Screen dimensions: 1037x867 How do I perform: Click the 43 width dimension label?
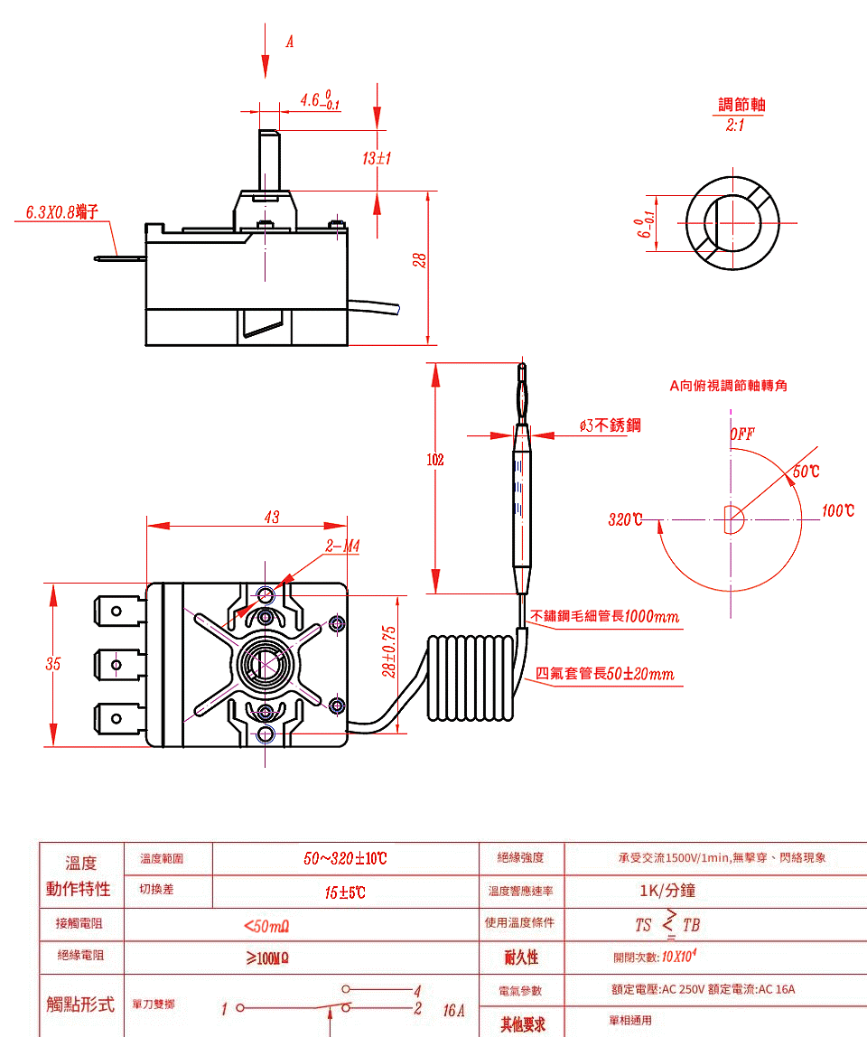pos(272,518)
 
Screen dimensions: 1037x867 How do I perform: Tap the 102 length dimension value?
pos(435,460)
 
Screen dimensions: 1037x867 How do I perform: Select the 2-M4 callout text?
pos(343,547)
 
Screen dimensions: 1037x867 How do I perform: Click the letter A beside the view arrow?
pos(290,42)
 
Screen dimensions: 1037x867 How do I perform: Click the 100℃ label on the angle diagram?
pos(837,511)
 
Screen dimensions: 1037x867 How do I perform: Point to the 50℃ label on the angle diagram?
pos(806,472)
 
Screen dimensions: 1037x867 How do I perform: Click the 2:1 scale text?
pos(735,124)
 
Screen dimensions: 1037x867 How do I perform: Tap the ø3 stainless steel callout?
pos(611,425)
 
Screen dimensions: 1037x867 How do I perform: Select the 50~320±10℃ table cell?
pos(345,858)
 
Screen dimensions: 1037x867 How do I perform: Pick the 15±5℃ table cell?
pos(345,893)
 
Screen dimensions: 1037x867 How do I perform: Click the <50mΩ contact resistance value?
pos(266,926)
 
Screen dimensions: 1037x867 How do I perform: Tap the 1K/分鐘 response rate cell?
pos(667,891)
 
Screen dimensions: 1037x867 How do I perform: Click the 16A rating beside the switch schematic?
pos(454,1010)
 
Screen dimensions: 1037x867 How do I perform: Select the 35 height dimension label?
pos(53,664)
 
